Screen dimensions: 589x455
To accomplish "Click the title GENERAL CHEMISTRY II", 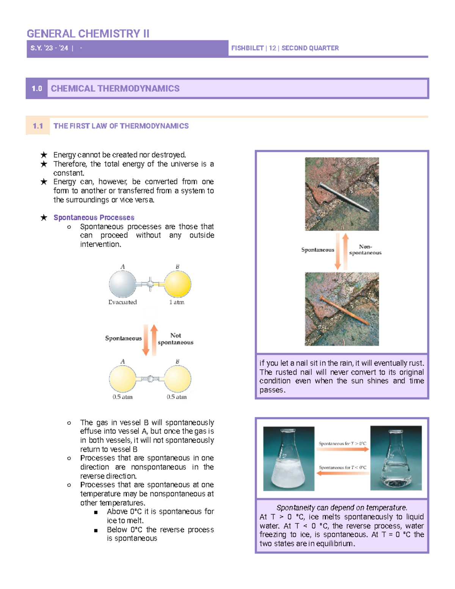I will click(88, 34).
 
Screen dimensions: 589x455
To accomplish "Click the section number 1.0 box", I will click(37, 88).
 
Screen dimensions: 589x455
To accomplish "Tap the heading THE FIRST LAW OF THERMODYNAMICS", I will click(121, 126).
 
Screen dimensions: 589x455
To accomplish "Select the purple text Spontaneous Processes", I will click(94, 217).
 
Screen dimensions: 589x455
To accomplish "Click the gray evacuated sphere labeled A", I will click(122, 284).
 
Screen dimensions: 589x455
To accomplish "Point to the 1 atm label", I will click(177, 302).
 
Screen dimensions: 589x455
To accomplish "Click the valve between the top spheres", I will click(150, 284).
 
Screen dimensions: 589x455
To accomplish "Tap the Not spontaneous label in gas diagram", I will click(176, 339).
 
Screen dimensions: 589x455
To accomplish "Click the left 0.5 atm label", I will click(122, 397).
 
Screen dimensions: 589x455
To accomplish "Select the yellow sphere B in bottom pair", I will click(177, 379).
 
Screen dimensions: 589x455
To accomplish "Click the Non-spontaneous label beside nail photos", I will click(365, 250).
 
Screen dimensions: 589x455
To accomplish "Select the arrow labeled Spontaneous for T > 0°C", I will click(342, 449).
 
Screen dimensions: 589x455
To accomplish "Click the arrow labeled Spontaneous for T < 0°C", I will click(342, 473).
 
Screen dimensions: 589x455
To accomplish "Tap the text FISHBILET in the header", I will click(247, 48).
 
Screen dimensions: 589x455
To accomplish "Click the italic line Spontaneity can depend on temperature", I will click(342, 508).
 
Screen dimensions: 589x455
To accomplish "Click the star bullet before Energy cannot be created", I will click(44, 155).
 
